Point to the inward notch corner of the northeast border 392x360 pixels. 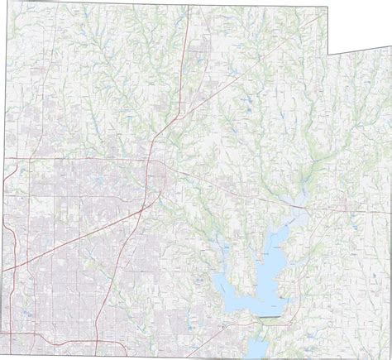click(327, 55)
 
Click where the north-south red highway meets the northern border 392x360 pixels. click(189, 7)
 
